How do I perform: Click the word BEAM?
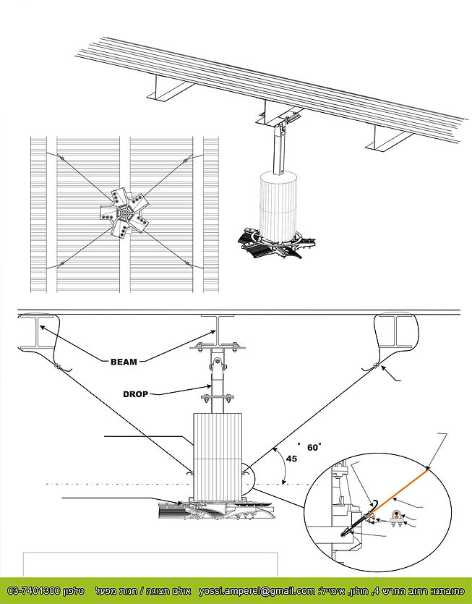[124, 361]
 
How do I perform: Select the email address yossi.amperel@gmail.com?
[257, 591]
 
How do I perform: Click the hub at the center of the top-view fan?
[124, 214]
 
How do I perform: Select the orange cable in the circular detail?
[401, 491]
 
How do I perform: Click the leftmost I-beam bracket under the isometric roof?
[168, 90]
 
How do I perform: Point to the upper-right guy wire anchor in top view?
[186, 161]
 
